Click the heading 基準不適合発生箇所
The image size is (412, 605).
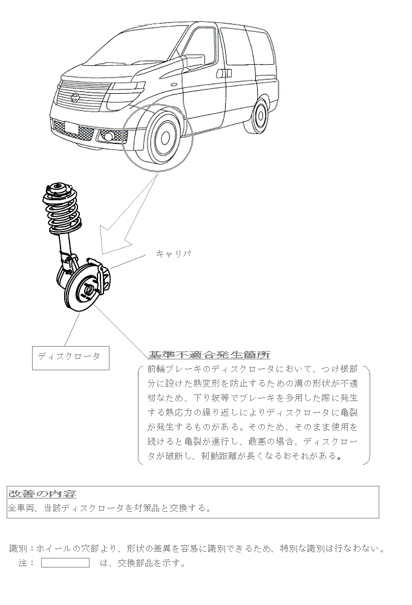209,355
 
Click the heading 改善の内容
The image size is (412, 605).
42,494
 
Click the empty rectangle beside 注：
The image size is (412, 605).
65,563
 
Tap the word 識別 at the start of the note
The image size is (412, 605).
18,549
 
